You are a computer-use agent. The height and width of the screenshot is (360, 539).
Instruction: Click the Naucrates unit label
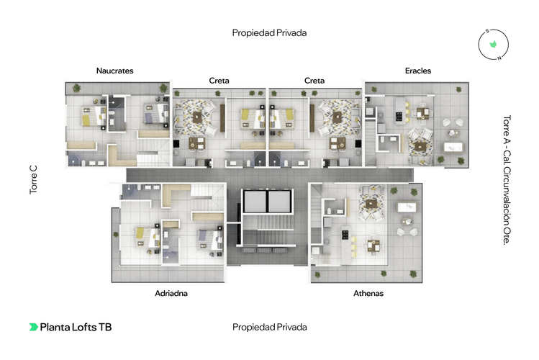[x=115, y=71]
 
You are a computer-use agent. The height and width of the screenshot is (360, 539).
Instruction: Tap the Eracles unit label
[x=418, y=71]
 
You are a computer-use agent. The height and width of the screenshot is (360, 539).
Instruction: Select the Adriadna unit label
[x=171, y=293]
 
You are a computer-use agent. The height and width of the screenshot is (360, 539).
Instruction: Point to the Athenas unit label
[x=368, y=293]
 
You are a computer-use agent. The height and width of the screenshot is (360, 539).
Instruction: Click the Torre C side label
[x=33, y=180]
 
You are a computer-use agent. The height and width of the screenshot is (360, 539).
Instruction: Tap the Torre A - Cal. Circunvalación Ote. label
[x=507, y=180]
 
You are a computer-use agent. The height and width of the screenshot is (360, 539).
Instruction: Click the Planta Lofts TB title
[x=76, y=327]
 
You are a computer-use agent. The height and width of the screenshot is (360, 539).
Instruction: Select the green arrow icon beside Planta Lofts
[x=33, y=327]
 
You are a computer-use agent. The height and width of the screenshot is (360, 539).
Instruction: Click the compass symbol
[x=493, y=45]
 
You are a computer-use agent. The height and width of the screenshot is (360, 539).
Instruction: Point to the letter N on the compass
[x=499, y=58]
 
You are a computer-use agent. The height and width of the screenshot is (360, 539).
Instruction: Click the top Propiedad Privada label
[x=269, y=33]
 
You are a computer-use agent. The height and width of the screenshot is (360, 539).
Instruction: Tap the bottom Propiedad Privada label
[x=270, y=327]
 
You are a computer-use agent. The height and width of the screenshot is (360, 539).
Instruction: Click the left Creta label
[x=219, y=81]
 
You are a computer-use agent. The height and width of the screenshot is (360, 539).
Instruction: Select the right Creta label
[x=314, y=81]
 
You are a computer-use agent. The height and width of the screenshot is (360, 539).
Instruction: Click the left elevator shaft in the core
[x=255, y=201]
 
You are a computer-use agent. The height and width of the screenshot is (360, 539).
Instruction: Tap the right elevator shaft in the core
[x=279, y=201]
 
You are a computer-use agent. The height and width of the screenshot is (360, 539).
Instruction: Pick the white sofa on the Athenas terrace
[x=407, y=207]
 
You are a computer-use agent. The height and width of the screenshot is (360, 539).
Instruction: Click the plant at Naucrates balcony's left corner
[x=76, y=89]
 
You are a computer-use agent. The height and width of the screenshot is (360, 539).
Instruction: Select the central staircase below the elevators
[x=268, y=230]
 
